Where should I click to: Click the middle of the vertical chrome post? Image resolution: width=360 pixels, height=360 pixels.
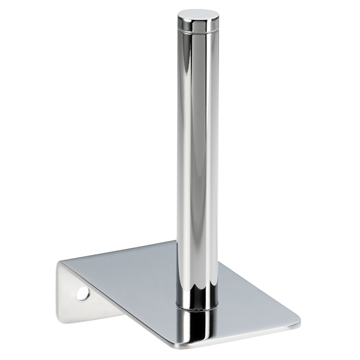195,156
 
